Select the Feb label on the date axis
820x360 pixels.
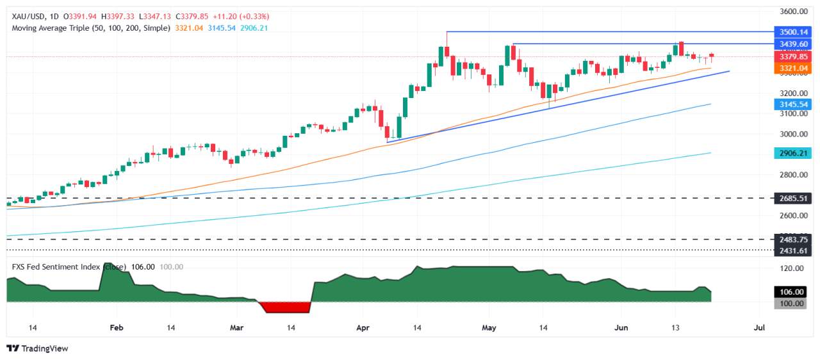(x=116, y=327)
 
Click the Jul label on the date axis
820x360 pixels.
(x=760, y=327)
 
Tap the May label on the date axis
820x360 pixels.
(x=489, y=327)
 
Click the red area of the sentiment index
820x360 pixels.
(x=287, y=307)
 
